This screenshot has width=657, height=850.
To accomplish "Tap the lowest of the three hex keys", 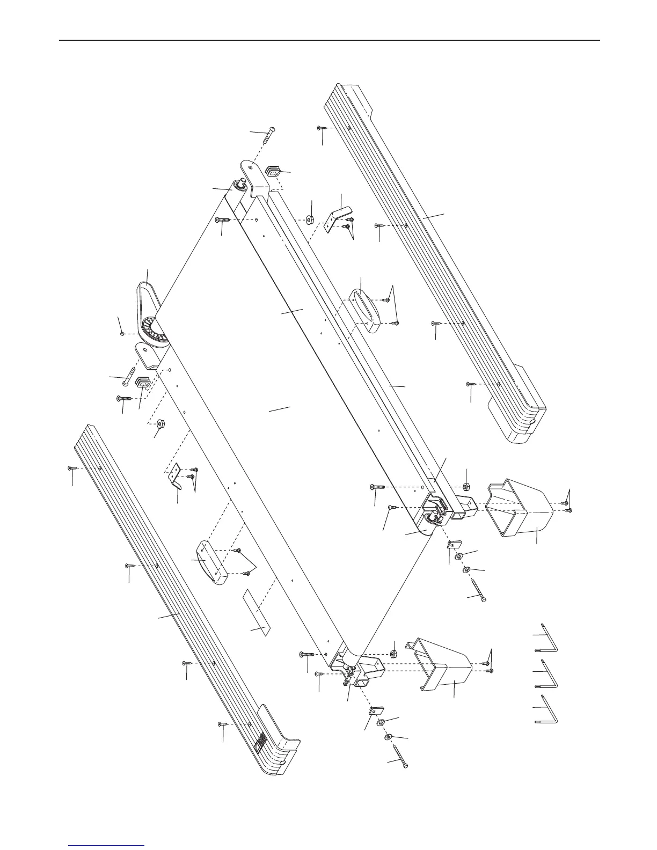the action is tap(551, 711).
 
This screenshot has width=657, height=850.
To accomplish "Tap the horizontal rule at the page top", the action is tap(328, 40).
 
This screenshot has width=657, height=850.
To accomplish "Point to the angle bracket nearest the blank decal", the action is tap(174, 475).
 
